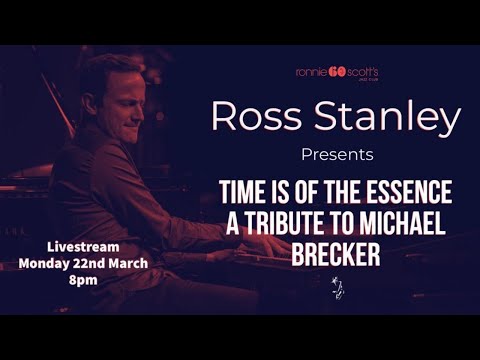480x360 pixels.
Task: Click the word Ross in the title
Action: tap(255, 118)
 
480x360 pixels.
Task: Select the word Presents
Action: tap(337, 155)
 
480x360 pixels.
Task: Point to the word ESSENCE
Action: tap(411, 193)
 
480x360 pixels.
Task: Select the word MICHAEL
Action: tap(410, 223)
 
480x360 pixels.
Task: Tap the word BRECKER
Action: tap(337, 254)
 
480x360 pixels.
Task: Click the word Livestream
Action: tap(85, 246)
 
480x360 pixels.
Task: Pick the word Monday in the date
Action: tap(46, 263)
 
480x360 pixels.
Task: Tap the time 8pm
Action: tap(85, 280)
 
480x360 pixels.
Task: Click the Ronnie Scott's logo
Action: tap(337, 72)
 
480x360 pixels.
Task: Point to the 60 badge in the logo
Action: tap(337, 71)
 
